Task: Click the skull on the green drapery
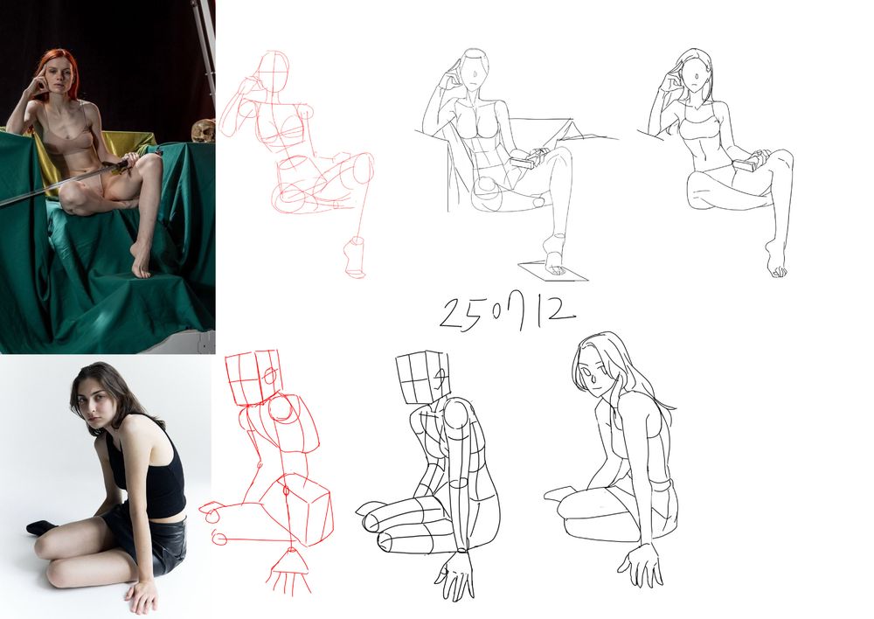[x=203, y=132]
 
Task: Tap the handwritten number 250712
[x=507, y=313]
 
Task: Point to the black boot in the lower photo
[x=41, y=525]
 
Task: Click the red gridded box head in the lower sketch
[x=252, y=377]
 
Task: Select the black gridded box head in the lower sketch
[x=422, y=378]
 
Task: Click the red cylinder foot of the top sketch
[x=355, y=257]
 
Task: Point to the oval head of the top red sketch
[x=275, y=71]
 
